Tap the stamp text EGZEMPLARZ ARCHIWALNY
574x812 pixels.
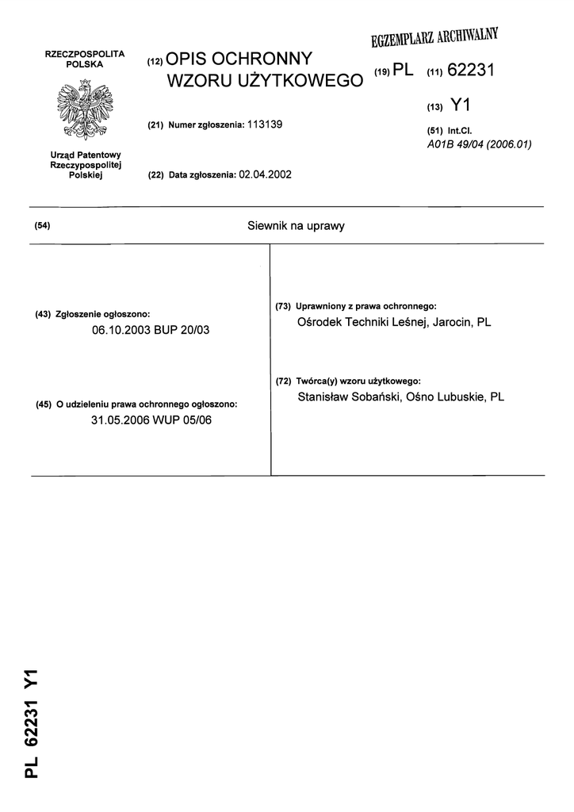(x=434, y=37)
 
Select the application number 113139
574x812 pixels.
(x=266, y=124)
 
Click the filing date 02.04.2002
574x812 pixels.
(x=265, y=174)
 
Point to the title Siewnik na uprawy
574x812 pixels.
(x=297, y=226)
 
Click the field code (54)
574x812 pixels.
(x=43, y=226)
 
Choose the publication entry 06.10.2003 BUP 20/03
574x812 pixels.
(x=151, y=329)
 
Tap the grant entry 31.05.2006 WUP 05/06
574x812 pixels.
(x=151, y=420)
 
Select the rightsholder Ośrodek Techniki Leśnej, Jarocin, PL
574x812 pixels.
(x=393, y=323)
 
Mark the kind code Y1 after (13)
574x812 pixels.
(x=460, y=103)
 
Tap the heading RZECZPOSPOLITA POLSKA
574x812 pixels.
(x=86, y=57)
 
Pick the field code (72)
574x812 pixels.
(x=284, y=381)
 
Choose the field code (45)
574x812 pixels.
(x=44, y=404)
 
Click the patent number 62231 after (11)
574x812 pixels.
(x=471, y=71)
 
